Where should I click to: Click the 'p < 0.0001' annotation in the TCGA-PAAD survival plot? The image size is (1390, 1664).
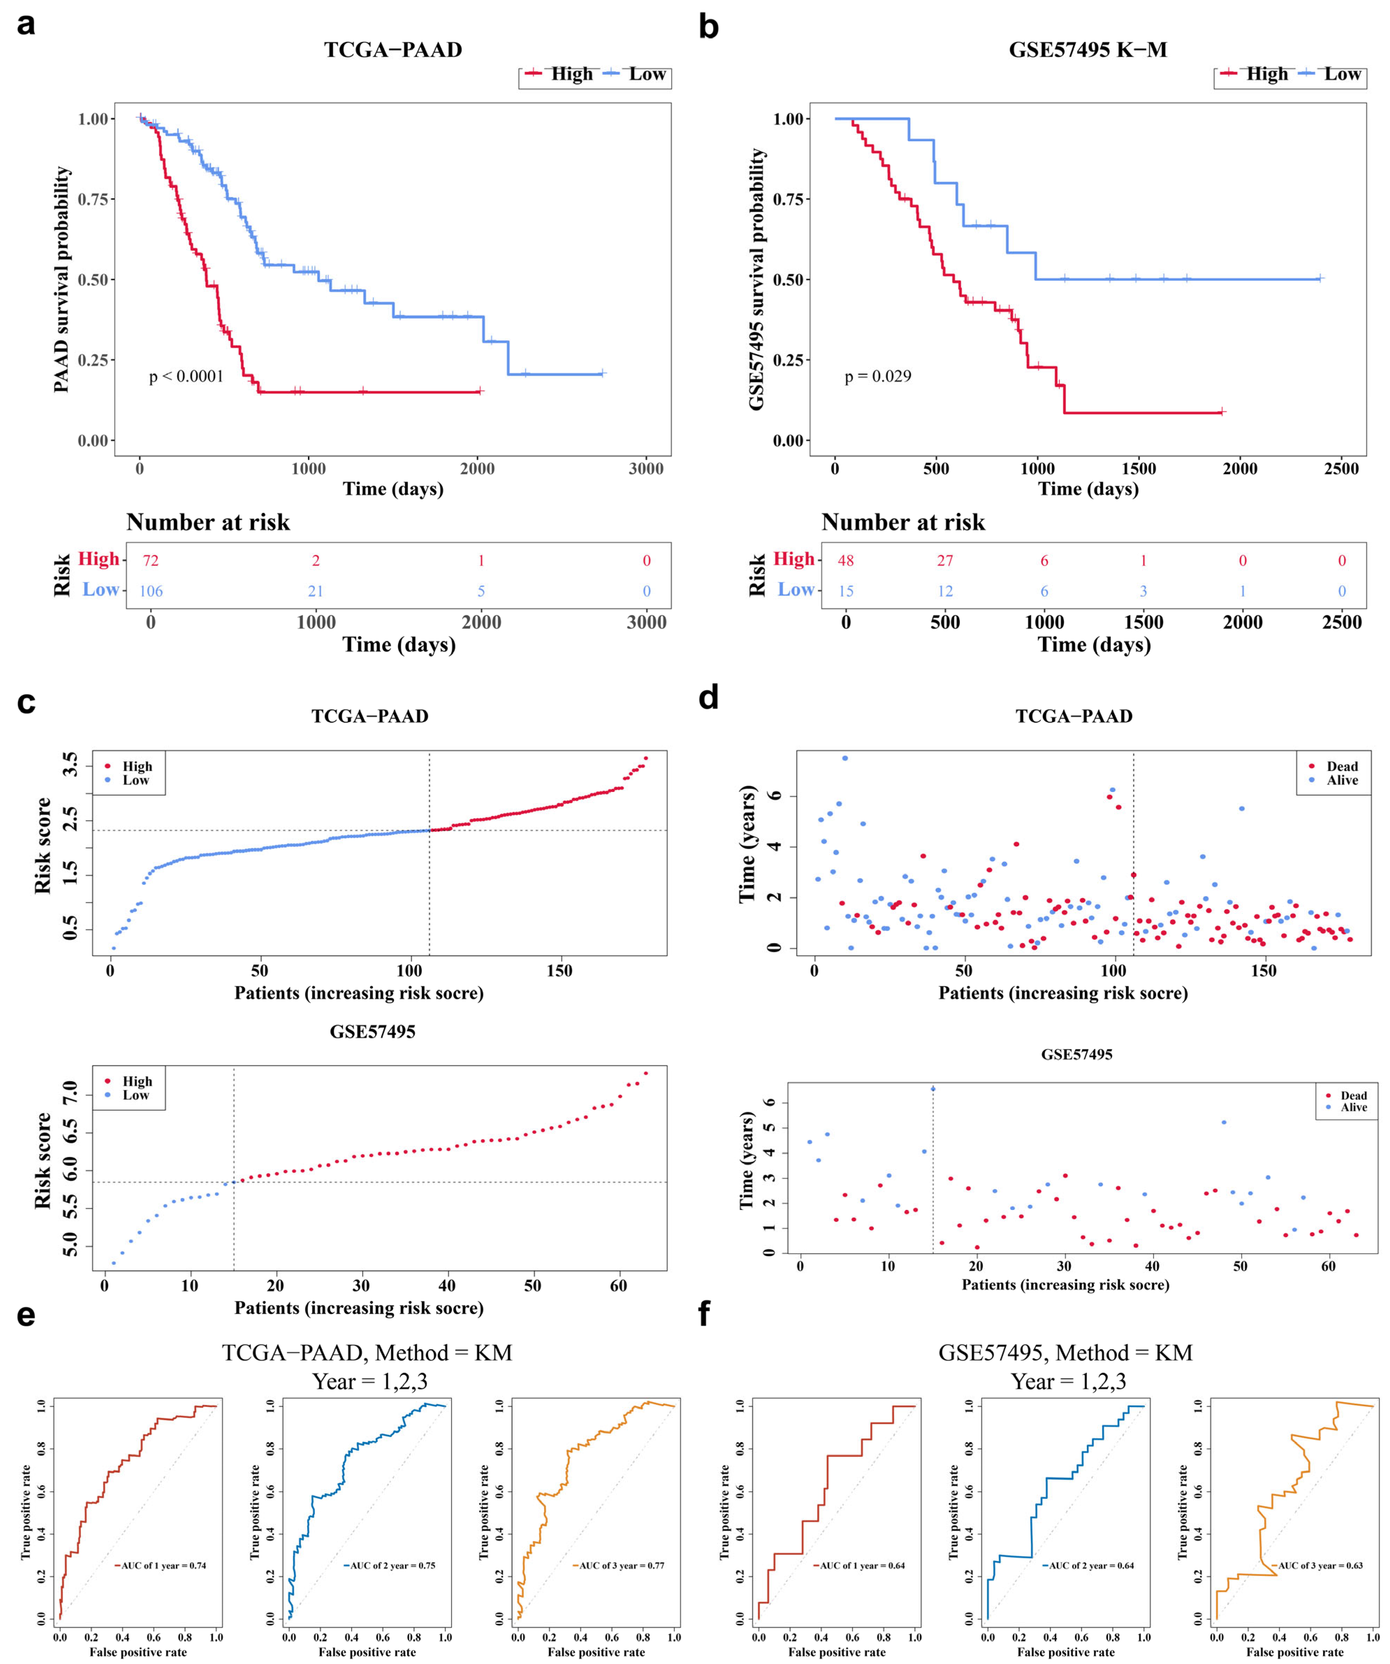pyautogui.click(x=186, y=376)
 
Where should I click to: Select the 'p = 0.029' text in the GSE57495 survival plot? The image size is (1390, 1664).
pyautogui.click(x=877, y=376)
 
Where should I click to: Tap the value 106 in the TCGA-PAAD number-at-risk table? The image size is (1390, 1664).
pyautogui.click(x=150, y=591)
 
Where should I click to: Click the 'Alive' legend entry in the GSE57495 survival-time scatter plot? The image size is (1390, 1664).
pyautogui.click(x=1353, y=1108)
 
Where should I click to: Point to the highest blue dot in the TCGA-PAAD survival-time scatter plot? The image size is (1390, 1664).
pyautogui.click(x=845, y=758)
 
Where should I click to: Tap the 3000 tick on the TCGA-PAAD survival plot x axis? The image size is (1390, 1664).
pyautogui.click(x=646, y=468)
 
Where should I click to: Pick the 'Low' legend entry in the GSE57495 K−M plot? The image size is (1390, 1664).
pyautogui.click(x=1342, y=74)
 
